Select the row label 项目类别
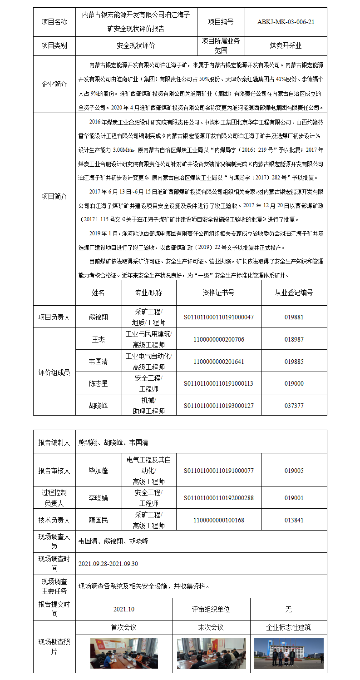click(54, 45)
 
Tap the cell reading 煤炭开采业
click(286, 45)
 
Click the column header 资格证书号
click(218, 293)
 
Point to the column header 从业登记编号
click(294, 293)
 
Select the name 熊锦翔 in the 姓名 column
click(99, 317)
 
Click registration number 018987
click(294, 339)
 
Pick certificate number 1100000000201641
click(218, 362)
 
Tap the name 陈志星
click(99, 383)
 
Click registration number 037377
click(294, 405)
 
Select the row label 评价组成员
click(54, 372)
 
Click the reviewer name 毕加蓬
click(99, 471)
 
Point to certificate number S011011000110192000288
click(218, 498)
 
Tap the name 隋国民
click(99, 520)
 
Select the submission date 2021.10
click(124, 610)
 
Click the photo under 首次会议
click(124, 653)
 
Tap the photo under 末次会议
click(211, 653)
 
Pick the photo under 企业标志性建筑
click(288, 653)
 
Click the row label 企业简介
click(54, 84)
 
